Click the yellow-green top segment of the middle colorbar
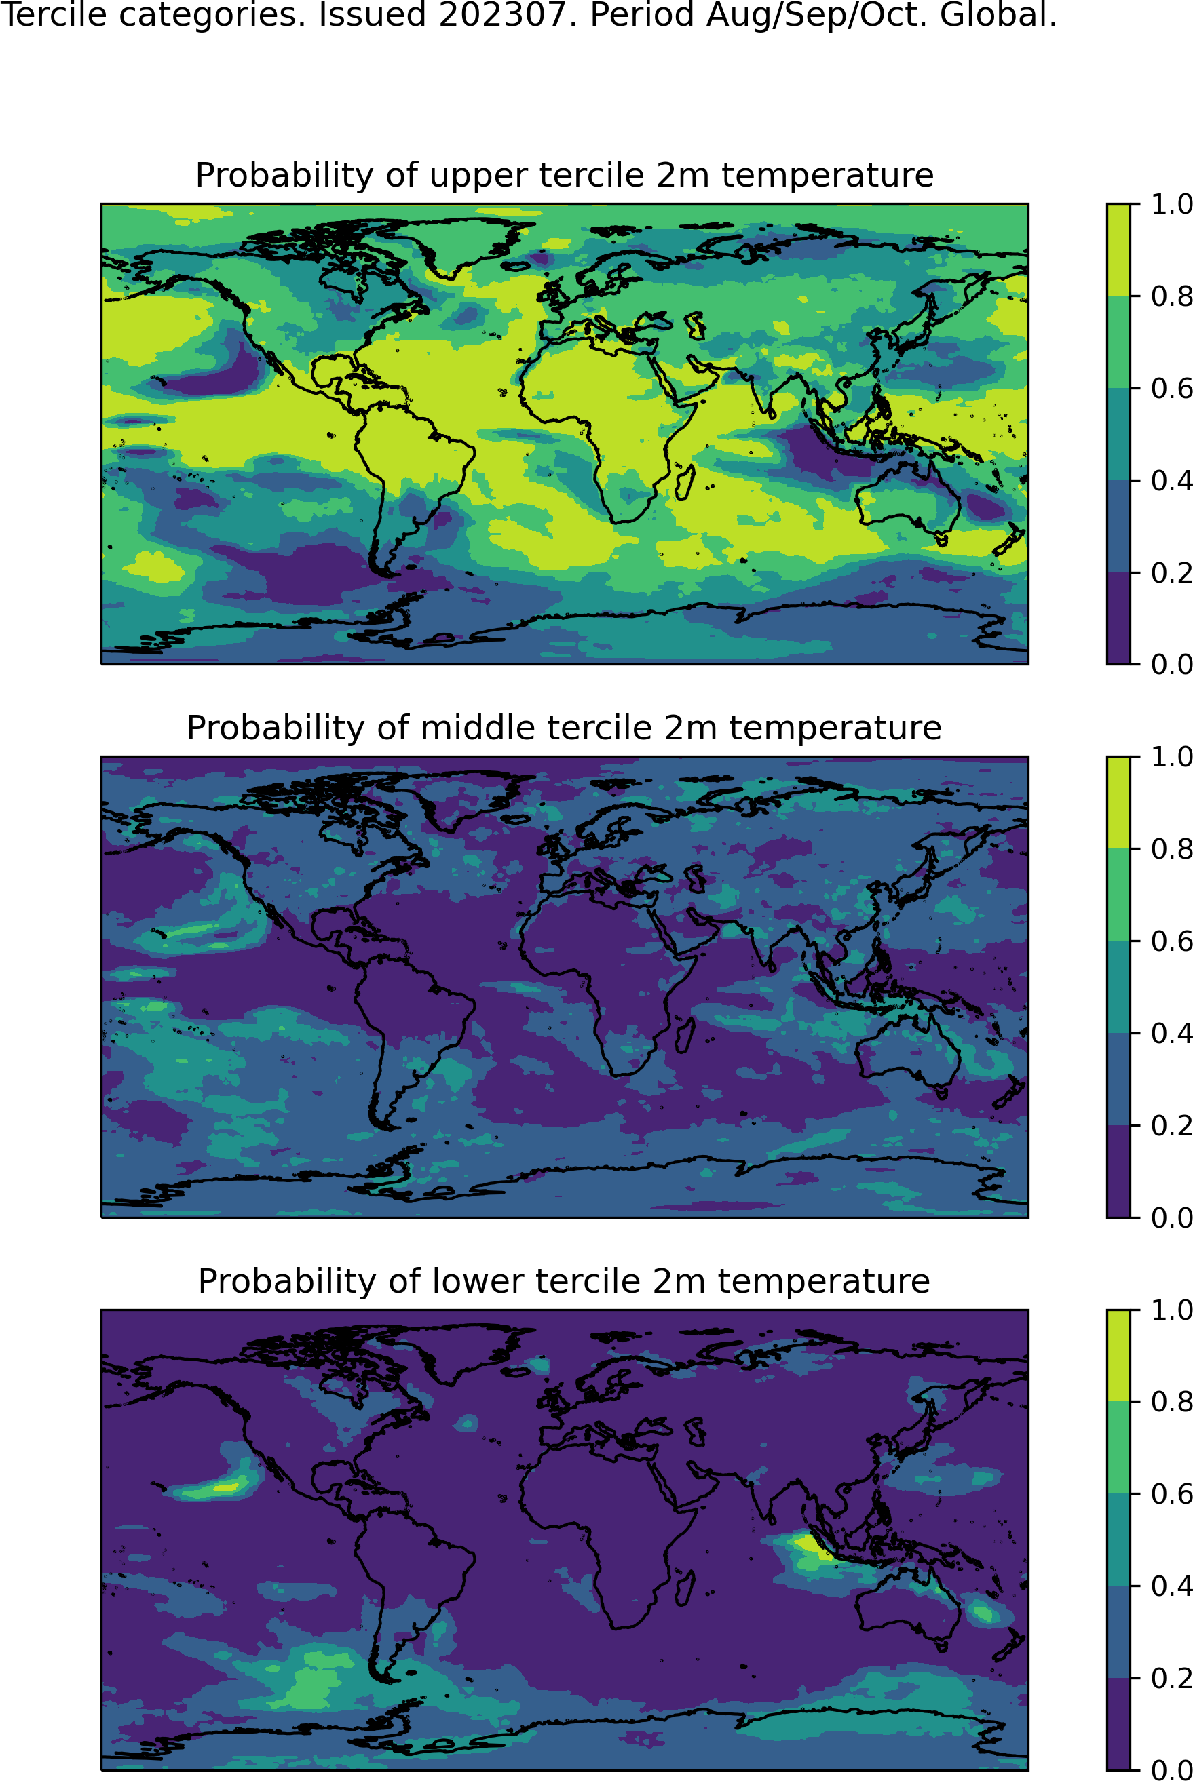[x=1118, y=802]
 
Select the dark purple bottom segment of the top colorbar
[x=1118, y=617]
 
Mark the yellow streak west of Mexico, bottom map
[x=225, y=1487]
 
